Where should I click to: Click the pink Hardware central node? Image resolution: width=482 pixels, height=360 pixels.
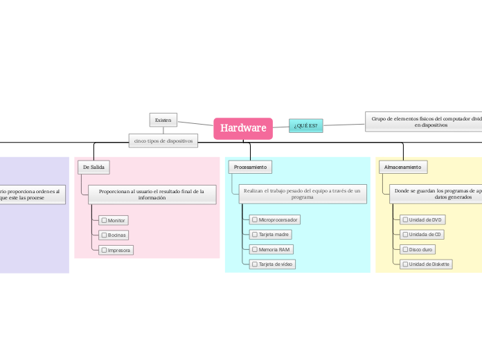click(243, 128)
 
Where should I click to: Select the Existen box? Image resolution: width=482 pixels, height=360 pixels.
click(163, 120)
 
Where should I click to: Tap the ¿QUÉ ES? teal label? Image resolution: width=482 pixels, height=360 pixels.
click(305, 125)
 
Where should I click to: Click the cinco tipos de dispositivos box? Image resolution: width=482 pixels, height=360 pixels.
click(163, 141)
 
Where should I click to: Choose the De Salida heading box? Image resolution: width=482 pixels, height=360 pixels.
click(93, 167)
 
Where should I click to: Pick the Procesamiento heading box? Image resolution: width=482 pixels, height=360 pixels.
click(250, 167)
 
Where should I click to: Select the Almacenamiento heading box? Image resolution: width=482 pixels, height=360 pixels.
click(402, 167)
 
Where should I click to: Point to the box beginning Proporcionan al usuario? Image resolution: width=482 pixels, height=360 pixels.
click(152, 194)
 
